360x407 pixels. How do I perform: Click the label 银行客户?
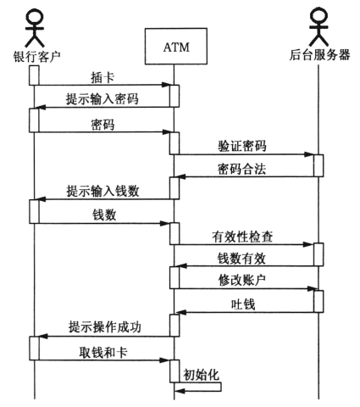pyautogui.click(x=36, y=56)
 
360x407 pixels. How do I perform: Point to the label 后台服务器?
pyautogui.click(x=319, y=55)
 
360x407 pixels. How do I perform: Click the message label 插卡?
pyautogui.click(x=102, y=77)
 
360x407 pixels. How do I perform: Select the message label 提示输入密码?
pyautogui.click(x=102, y=99)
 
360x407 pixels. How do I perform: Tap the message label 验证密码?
pyautogui.click(x=242, y=147)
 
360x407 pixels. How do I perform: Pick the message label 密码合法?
pyautogui.click(x=242, y=169)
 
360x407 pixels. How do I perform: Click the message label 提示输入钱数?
pyautogui.click(x=102, y=191)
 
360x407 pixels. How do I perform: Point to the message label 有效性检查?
pyautogui.click(x=242, y=237)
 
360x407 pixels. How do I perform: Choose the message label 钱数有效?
pyautogui.click(x=241, y=259)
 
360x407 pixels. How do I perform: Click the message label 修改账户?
pyautogui.click(x=242, y=280)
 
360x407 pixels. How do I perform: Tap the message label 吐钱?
pyautogui.click(x=243, y=304)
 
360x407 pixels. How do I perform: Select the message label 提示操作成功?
pyautogui.click(x=105, y=327)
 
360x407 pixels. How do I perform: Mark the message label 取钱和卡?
pyautogui.click(x=103, y=352)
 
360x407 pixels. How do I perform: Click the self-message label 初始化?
pyautogui.click(x=201, y=375)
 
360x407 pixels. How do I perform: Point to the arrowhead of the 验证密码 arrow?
pyautogui.click(x=309, y=154)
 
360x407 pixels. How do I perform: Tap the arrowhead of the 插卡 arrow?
pyautogui.click(x=165, y=85)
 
